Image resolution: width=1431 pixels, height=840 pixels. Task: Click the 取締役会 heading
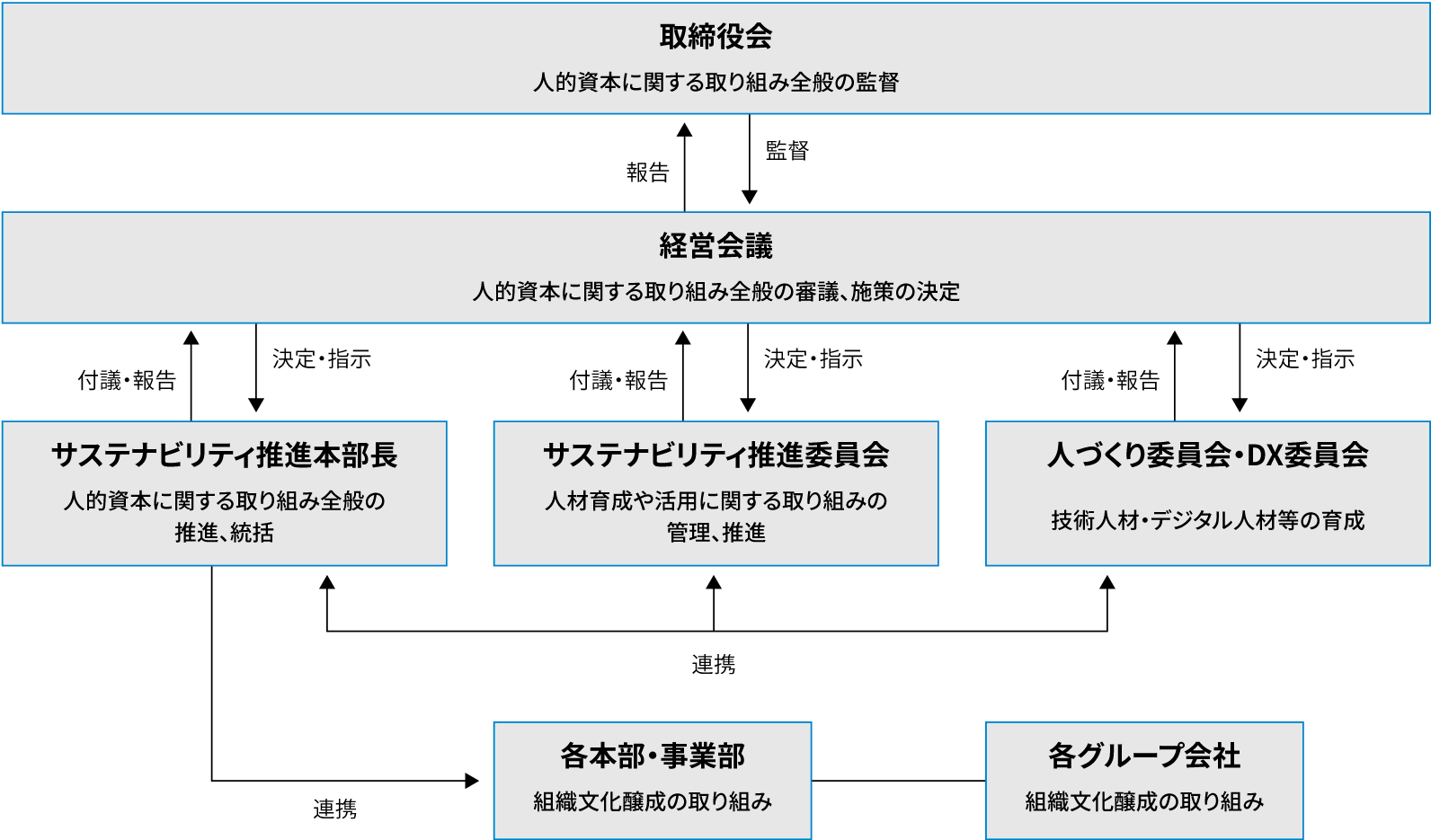click(x=715, y=36)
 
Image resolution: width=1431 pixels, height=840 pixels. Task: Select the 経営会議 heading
click(x=715, y=246)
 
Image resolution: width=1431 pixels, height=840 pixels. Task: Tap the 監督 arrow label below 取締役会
click(x=787, y=151)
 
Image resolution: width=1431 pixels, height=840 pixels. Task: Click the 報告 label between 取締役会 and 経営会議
click(x=648, y=172)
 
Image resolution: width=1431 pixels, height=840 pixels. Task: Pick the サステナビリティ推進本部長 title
click(x=224, y=455)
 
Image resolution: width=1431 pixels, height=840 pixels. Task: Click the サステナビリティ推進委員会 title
click(x=715, y=455)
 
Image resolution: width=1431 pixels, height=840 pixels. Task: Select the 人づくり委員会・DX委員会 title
click(x=1207, y=455)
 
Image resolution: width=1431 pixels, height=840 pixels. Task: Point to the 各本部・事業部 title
click(x=653, y=756)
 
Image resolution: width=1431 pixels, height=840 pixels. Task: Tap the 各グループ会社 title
click(x=1144, y=756)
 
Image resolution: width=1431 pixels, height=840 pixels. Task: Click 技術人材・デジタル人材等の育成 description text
click(x=1207, y=521)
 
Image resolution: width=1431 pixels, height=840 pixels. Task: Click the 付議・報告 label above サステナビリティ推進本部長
click(x=127, y=380)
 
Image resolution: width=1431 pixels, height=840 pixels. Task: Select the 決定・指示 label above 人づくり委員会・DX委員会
click(x=1305, y=358)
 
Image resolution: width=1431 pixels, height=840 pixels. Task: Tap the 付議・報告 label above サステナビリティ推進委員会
click(x=618, y=380)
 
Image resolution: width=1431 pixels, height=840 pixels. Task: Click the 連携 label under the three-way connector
click(x=714, y=665)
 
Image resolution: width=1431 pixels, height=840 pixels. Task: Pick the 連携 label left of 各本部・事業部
click(x=334, y=809)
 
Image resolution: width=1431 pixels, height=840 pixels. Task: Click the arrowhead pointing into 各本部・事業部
click(x=472, y=780)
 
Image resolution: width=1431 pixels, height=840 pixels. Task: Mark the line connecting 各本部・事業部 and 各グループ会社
click(x=898, y=780)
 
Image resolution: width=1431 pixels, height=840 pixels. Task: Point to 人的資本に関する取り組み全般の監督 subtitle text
click(x=715, y=83)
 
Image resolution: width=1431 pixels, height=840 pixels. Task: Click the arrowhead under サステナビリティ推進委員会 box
click(x=714, y=582)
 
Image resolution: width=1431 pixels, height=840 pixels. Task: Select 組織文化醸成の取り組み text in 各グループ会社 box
click(x=1144, y=801)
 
